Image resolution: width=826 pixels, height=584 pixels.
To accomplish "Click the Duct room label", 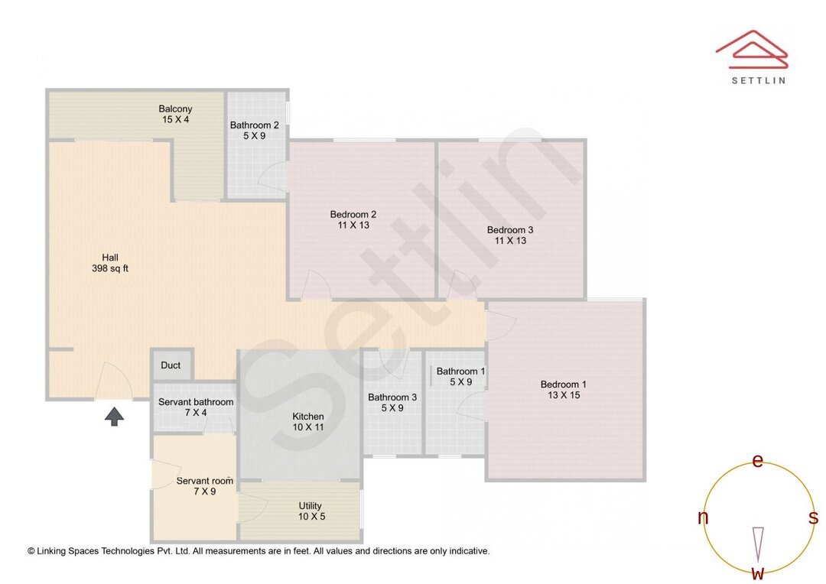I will point(171,365).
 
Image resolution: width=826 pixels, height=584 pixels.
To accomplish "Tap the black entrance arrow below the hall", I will point(114,417).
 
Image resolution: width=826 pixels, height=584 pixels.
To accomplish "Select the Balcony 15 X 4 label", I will point(175,114).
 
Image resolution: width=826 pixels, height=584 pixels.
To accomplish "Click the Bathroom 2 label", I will point(255,131).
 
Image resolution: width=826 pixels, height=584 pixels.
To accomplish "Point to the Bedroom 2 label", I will point(353,219).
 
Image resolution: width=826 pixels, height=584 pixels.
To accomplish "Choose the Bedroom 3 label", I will point(510,235).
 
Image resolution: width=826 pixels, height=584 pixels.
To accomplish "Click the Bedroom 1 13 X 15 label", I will point(564,390).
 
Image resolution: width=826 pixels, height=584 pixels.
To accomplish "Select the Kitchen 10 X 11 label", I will point(308,422).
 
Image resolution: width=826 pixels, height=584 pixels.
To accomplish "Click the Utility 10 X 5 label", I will point(310,511).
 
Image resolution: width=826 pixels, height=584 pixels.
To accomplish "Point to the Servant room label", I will point(204,486).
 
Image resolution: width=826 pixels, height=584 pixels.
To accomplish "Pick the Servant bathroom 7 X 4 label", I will point(196,407).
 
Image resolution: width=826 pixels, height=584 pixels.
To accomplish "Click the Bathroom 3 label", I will point(392,402).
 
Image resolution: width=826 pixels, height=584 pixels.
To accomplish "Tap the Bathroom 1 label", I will point(461,377).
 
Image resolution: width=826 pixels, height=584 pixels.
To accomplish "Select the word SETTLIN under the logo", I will point(758,80).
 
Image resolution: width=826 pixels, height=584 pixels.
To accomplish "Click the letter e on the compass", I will point(758,460).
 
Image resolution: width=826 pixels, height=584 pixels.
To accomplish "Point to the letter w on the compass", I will point(757,573).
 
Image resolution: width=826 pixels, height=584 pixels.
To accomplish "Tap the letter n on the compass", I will point(703,517).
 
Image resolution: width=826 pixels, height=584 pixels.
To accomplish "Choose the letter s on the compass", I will point(813,517).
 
